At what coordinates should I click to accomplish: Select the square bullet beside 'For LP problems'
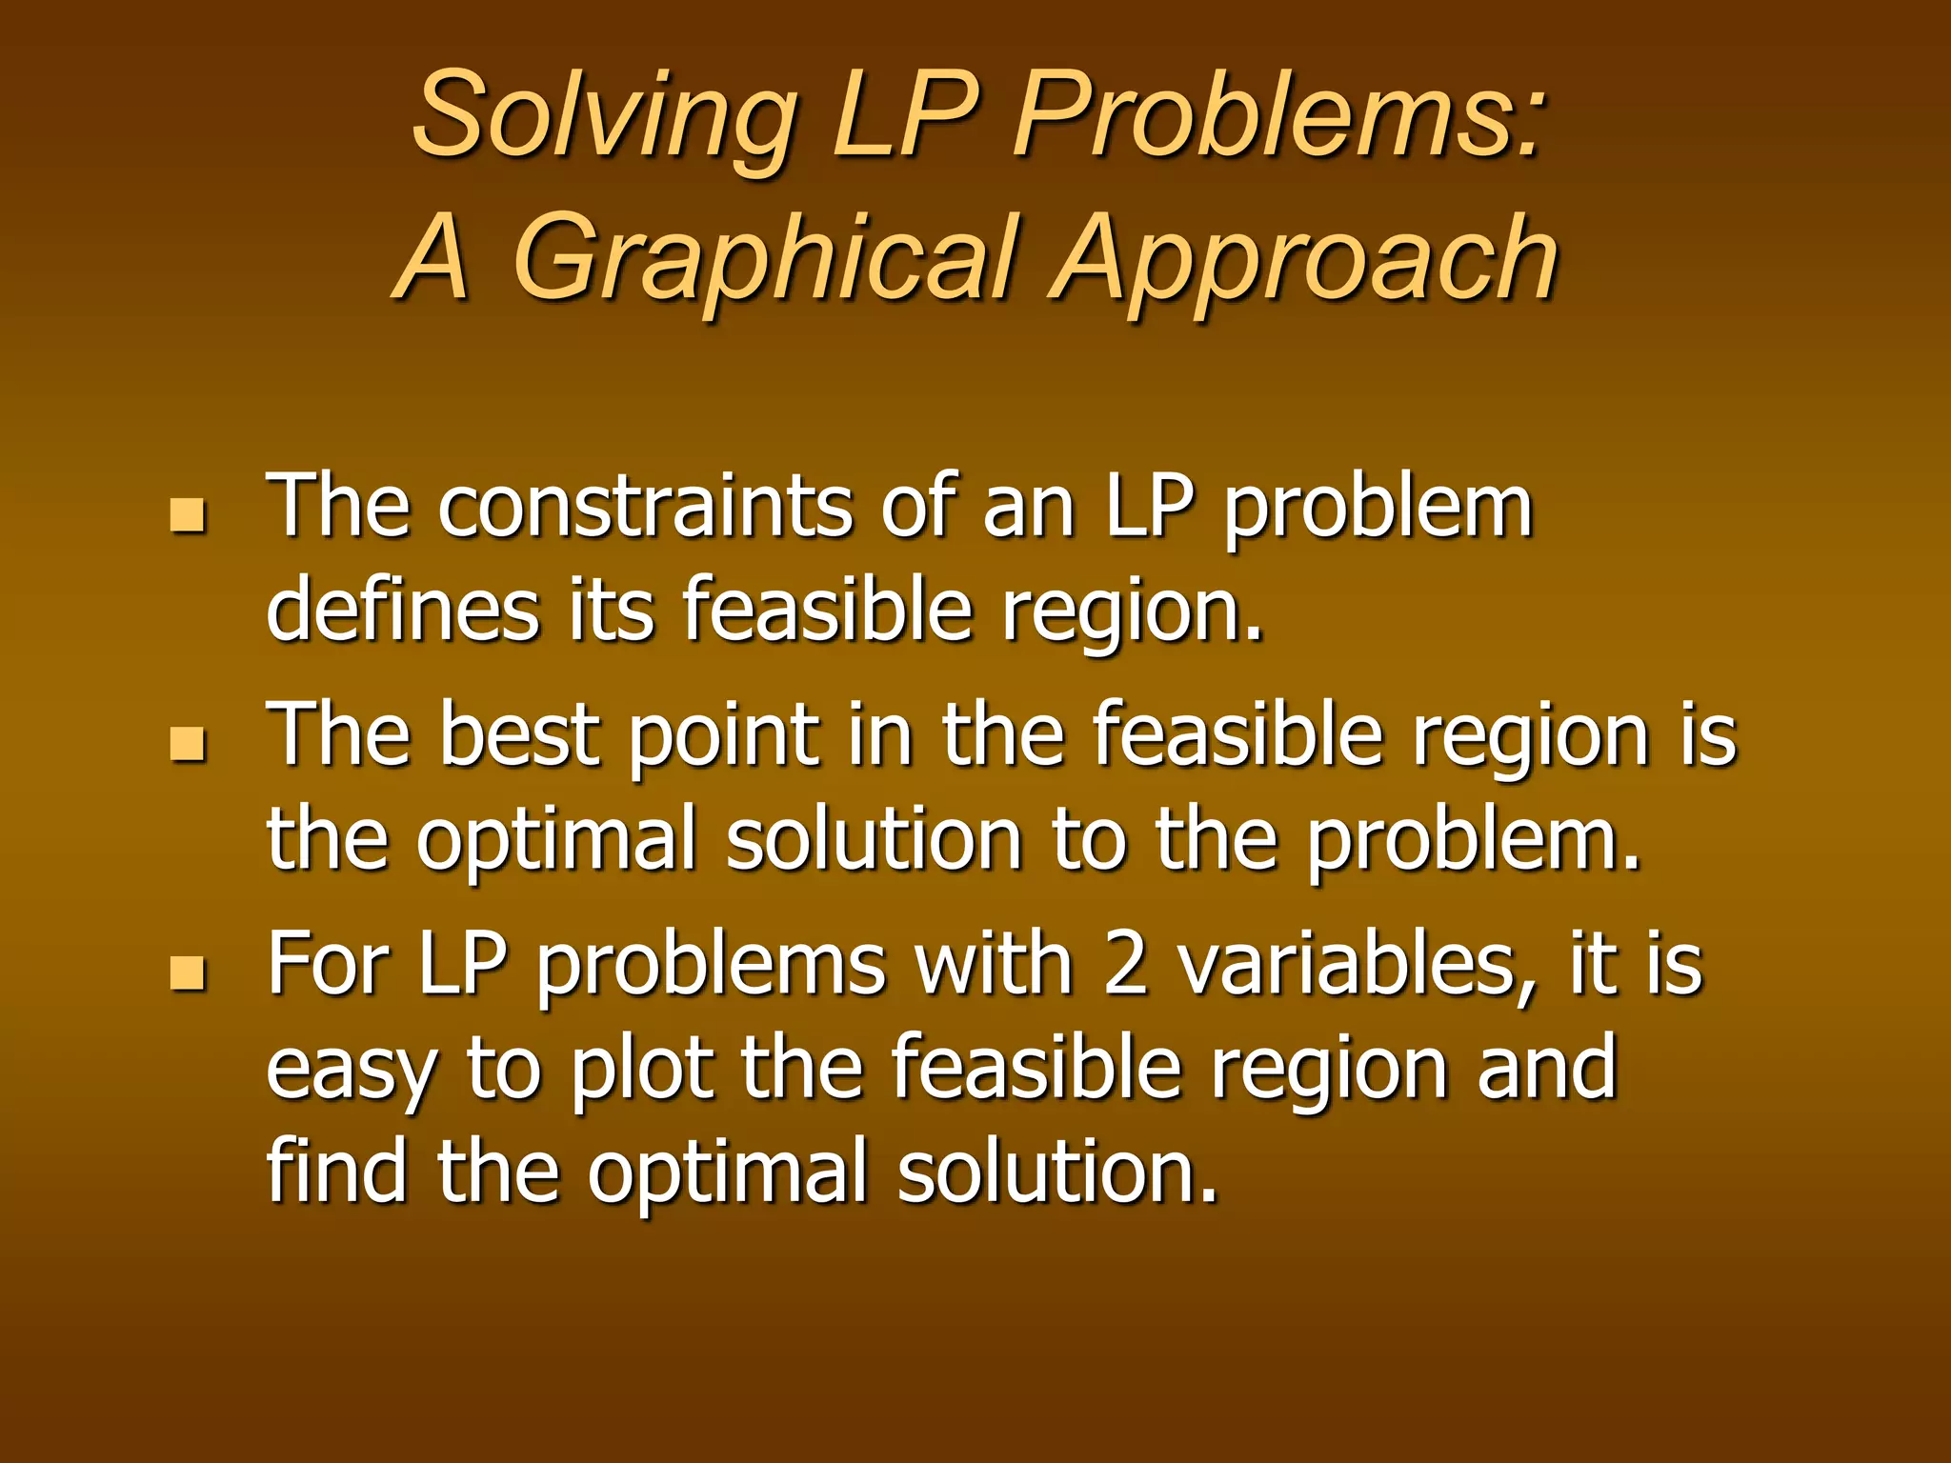pyautogui.click(x=188, y=972)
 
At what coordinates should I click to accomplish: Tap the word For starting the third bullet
pyautogui.click(x=328, y=965)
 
